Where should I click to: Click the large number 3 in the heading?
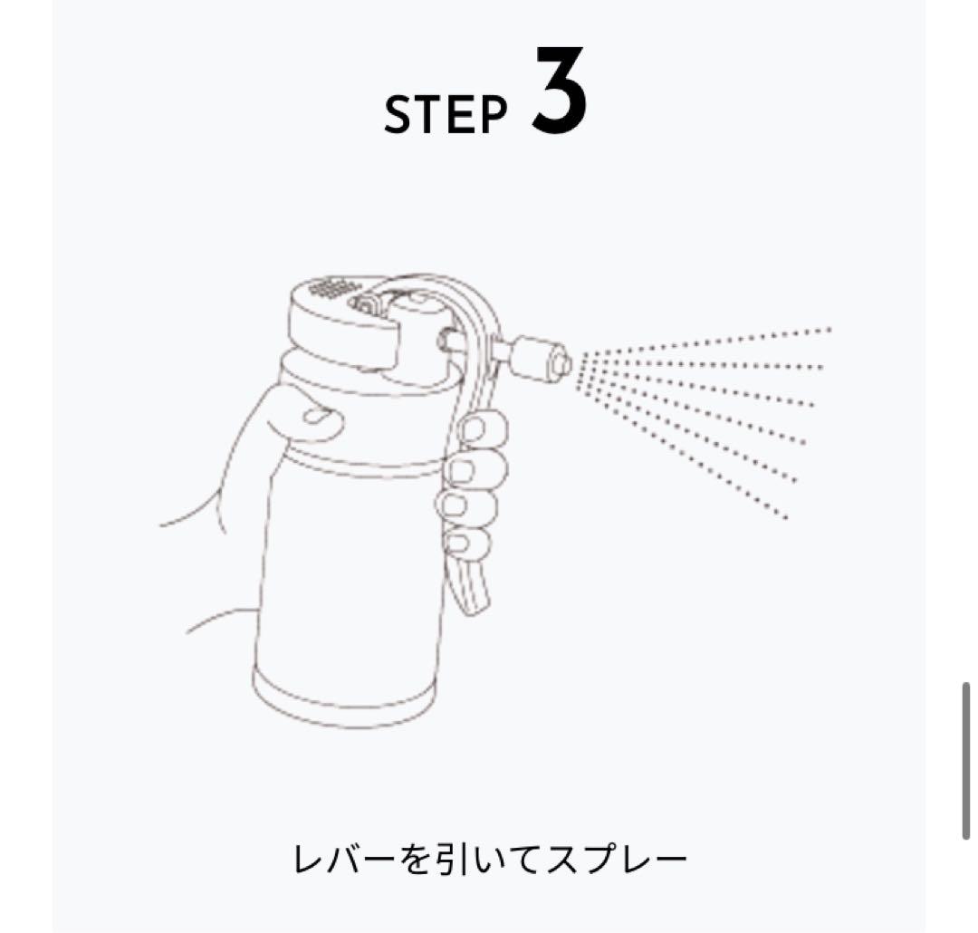click(x=559, y=92)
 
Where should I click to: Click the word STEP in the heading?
click(x=446, y=115)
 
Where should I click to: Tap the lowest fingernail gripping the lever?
click(x=460, y=543)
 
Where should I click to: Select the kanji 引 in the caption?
click(x=447, y=860)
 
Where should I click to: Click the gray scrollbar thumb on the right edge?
click(x=965, y=761)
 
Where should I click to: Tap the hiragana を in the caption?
click(x=414, y=860)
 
